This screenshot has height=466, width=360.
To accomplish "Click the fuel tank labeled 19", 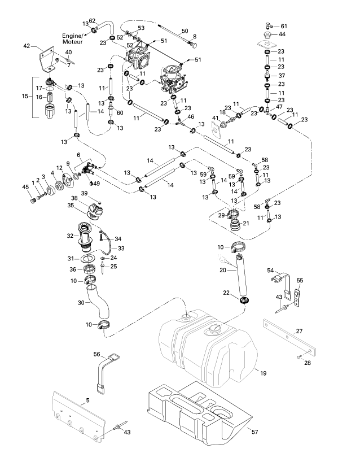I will (x=209, y=350).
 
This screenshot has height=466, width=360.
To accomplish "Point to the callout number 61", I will (x=284, y=27).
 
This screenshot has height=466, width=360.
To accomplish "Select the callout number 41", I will (x=215, y=117).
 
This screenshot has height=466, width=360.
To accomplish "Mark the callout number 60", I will (x=120, y=113).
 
